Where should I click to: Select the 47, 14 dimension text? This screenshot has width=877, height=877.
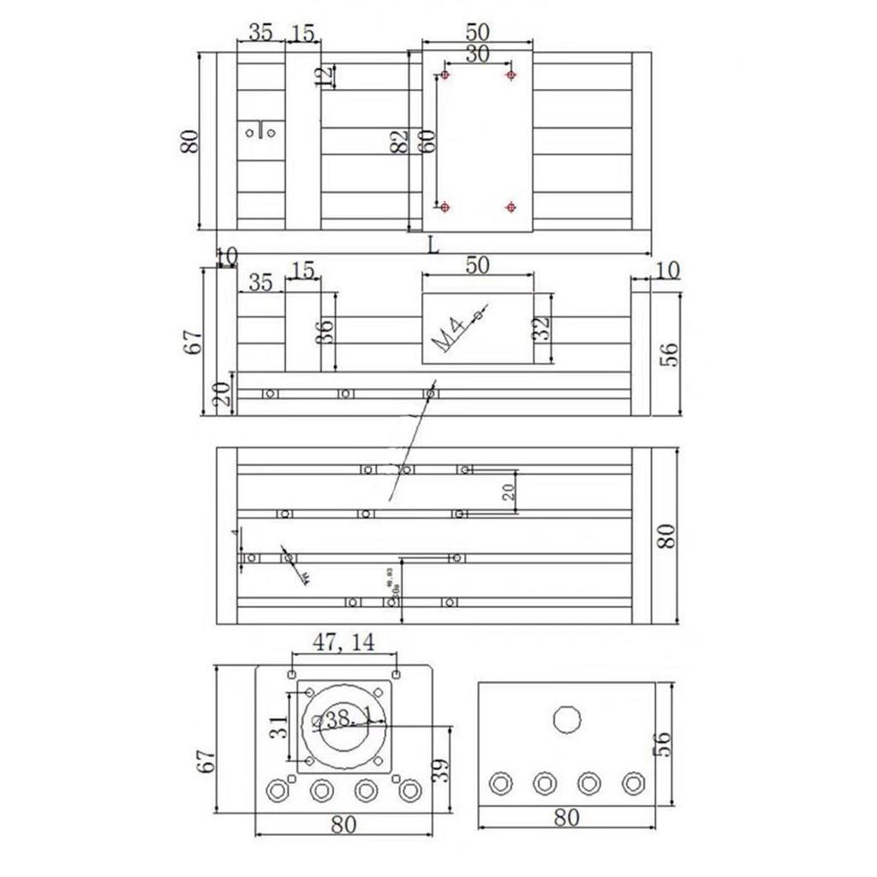pos(343,643)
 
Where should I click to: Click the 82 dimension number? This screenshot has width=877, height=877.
pos(399,142)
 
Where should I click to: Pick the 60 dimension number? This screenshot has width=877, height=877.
pos(426,140)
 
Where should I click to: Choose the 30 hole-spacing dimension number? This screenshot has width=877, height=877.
pos(477,54)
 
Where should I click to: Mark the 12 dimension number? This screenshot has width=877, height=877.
pos(324,75)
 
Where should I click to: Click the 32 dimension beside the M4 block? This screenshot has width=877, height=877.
pos(541,329)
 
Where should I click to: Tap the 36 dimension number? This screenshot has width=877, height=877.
pos(324,331)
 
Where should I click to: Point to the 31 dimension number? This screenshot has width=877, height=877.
pos(278,728)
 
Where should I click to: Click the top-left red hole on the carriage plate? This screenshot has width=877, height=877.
pos(444,75)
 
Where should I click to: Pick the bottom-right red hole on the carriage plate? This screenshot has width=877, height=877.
pos(510,206)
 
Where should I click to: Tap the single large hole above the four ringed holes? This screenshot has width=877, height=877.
pos(566,719)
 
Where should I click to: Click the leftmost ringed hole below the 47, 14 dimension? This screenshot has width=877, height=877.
pos(277,790)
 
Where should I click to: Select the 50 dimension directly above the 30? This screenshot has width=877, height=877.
pos(478,33)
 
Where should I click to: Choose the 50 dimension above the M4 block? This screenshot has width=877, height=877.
pos(477,265)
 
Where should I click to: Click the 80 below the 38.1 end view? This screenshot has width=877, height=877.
pos(343,825)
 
